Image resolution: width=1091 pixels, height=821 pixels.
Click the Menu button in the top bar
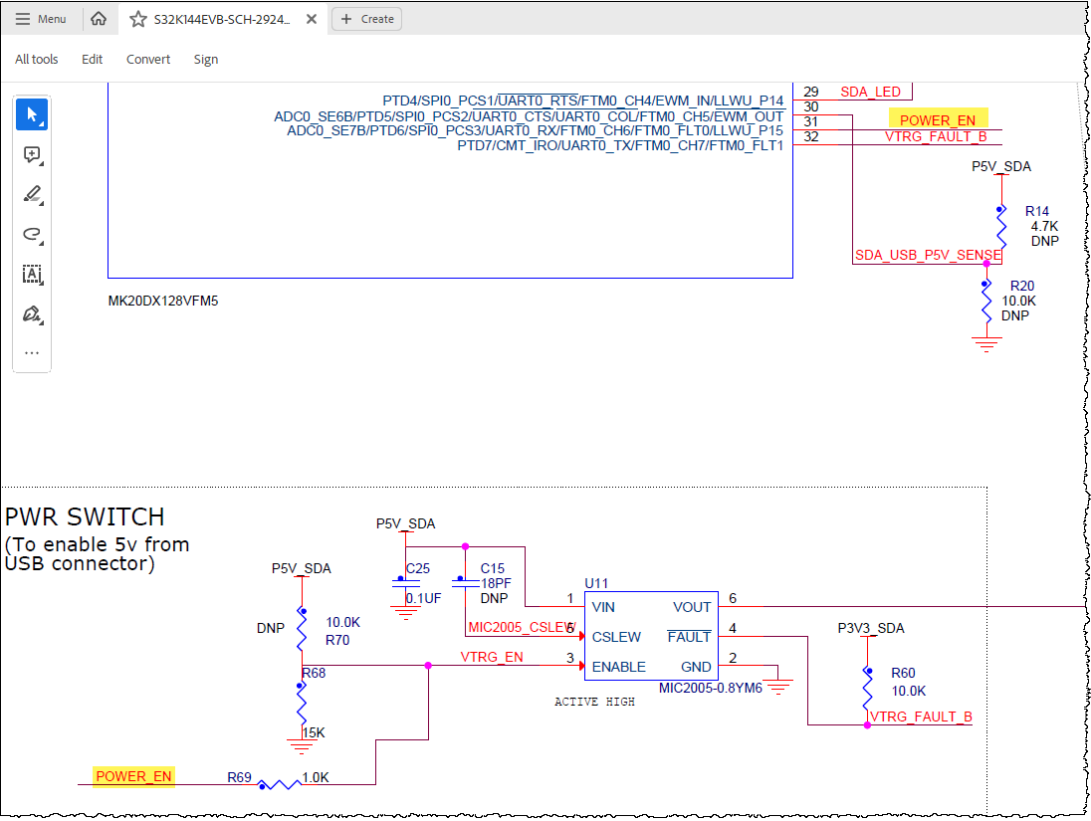(x=41, y=19)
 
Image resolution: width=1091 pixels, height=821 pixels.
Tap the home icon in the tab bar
(x=99, y=19)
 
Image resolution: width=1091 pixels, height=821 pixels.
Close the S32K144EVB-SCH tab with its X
(x=312, y=19)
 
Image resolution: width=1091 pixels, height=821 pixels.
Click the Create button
(x=366, y=19)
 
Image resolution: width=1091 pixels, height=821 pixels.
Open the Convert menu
(x=148, y=59)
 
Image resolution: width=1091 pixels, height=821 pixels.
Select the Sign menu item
(x=206, y=59)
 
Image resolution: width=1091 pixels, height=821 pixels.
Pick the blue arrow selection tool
(x=32, y=114)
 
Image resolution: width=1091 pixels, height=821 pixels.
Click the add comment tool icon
(x=32, y=154)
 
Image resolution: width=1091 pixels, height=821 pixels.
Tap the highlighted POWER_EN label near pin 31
(x=938, y=120)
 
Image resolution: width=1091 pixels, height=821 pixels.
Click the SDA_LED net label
(x=870, y=92)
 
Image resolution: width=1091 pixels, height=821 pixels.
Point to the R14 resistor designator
(x=1036, y=211)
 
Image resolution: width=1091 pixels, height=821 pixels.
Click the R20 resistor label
(x=1022, y=286)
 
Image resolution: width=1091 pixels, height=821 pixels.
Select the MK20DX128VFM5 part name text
(x=163, y=301)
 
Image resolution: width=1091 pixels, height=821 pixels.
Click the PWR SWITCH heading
(x=85, y=516)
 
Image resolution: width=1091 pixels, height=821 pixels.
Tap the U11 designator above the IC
(x=596, y=583)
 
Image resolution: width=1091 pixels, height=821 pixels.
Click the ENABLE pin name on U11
(x=618, y=667)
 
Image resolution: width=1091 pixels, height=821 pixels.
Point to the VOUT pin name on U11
(x=692, y=607)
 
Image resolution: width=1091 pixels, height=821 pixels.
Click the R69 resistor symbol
(x=279, y=784)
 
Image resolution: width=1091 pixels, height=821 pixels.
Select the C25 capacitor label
(x=418, y=568)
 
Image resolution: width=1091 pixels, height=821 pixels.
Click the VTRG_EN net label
(x=491, y=657)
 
